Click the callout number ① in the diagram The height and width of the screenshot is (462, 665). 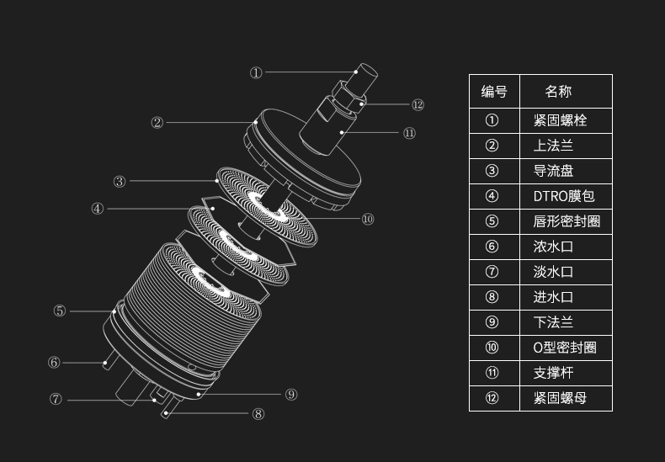pyautogui.click(x=256, y=73)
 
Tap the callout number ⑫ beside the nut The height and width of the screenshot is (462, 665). pyautogui.click(x=418, y=105)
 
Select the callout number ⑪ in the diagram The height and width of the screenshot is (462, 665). pyautogui.click(x=409, y=133)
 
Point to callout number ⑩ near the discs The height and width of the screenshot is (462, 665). pyautogui.click(x=368, y=219)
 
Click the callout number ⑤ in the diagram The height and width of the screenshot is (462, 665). pyautogui.click(x=59, y=311)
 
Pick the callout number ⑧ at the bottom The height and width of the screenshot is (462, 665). pyautogui.click(x=258, y=413)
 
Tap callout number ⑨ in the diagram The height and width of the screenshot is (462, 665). pyautogui.click(x=291, y=394)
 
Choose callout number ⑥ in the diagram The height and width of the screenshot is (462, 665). pyautogui.click(x=54, y=363)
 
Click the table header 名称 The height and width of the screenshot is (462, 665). pyautogui.click(x=558, y=91)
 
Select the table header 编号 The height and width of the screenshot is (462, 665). pyautogui.click(x=494, y=91)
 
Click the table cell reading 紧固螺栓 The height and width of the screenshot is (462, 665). pyautogui.click(x=560, y=120)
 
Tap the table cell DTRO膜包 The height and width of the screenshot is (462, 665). pyautogui.click(x=563, y=196)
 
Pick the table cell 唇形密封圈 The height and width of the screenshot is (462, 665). pyautogui.click(x=567, y=221)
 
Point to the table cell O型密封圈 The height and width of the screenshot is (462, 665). pyautogui.click(x=565, y=348)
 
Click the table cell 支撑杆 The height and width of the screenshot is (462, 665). pyautogui.click(x=553, y=373)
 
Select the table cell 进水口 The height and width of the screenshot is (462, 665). pyautogui.click(x=553, y=297)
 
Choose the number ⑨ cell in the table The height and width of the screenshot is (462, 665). pyautogui.click(x=492, y=322)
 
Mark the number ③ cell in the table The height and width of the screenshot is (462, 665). pyautogui.click(x=492, y=171)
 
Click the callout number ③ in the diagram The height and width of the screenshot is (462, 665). pyautogui.click(x=120, y=181)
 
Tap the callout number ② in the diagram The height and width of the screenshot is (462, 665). pyautogui.click(x=157, y=123)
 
